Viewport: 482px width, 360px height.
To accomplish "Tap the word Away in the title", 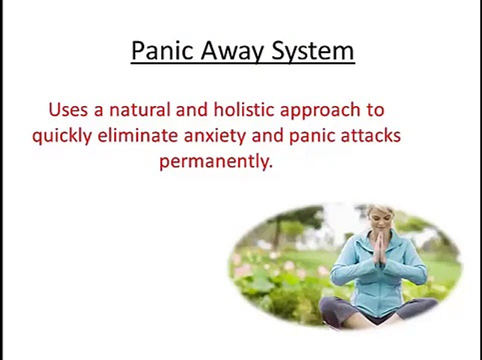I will coord(228,51).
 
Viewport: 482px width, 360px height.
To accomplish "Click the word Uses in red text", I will coord(68,110).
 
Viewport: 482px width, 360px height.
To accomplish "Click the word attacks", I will coord(372,136).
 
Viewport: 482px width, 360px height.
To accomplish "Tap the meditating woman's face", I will coord(379,219).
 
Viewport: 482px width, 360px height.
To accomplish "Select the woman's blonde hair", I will coord(378,209).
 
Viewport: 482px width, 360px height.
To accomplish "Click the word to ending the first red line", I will coord(373,110).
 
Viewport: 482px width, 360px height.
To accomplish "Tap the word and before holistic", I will coord(193,110).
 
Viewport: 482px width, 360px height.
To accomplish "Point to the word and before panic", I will coord(269,136).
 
